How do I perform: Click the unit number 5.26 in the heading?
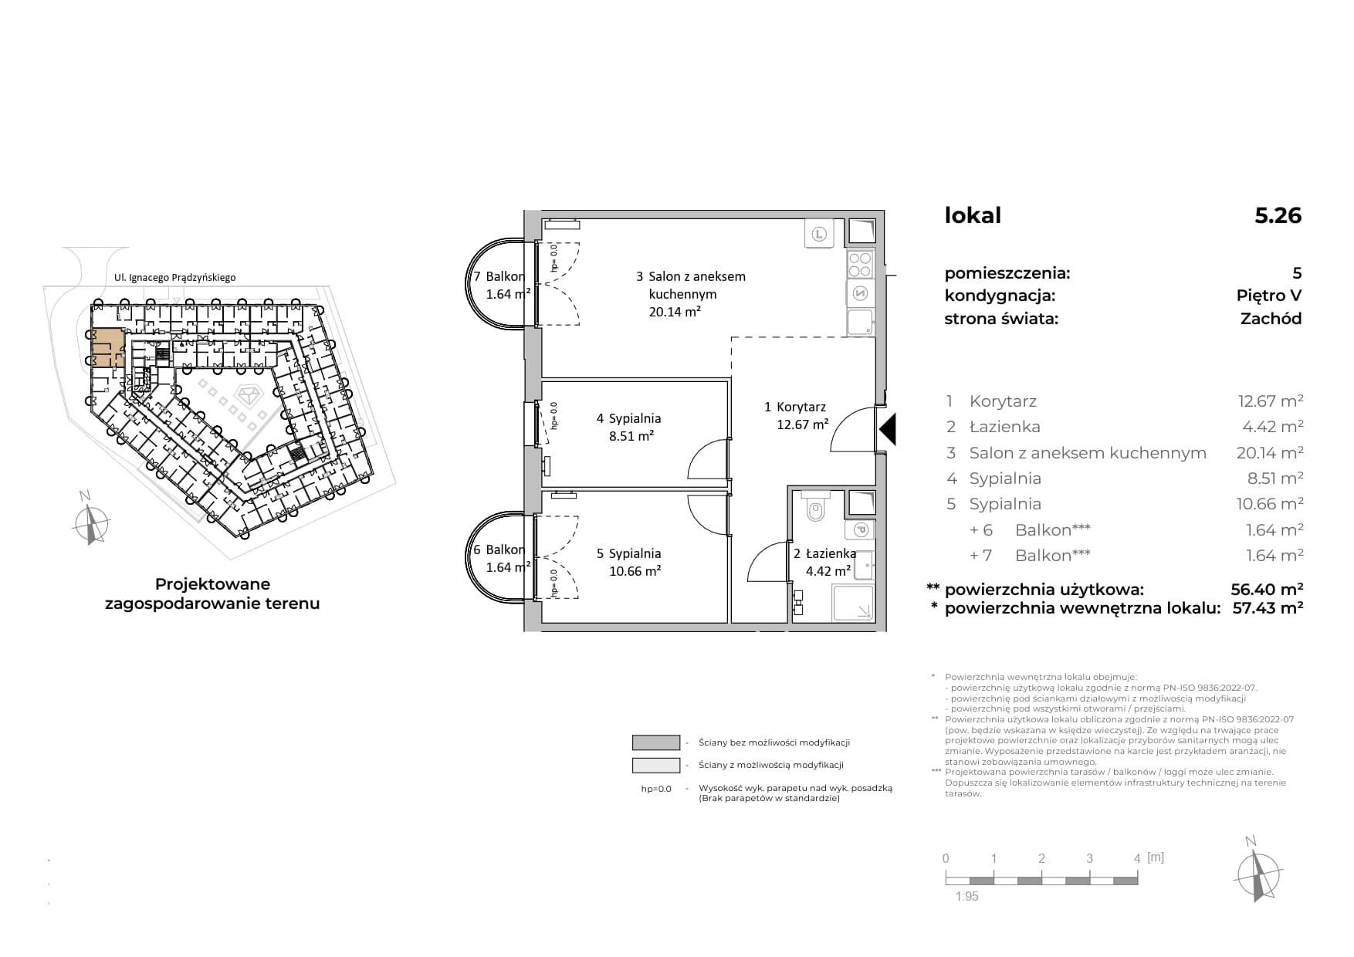pos(1278,215)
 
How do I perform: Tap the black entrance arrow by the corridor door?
pos(888,429)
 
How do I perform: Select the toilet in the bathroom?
pos(814,506)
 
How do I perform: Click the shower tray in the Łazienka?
pos(853,602)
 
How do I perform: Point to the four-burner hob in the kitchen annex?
pos(860,265)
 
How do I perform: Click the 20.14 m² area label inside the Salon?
pos(675,312)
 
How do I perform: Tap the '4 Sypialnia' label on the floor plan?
pos(628,418)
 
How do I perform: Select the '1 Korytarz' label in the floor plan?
pos(795,407)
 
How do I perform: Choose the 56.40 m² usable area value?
pos(1267,590)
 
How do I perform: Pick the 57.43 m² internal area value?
pos(1268,608)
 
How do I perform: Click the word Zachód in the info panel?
pos(1271,319)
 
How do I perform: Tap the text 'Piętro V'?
pos(1269,296)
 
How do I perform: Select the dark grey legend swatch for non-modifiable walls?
pos(656,742)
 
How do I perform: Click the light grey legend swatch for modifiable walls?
pos(656,765)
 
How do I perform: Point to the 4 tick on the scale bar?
pos(1137,858)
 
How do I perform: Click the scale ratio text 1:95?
pos(966,896)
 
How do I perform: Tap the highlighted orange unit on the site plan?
pos(107,347)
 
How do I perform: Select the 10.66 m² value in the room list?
pos(1270,504)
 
